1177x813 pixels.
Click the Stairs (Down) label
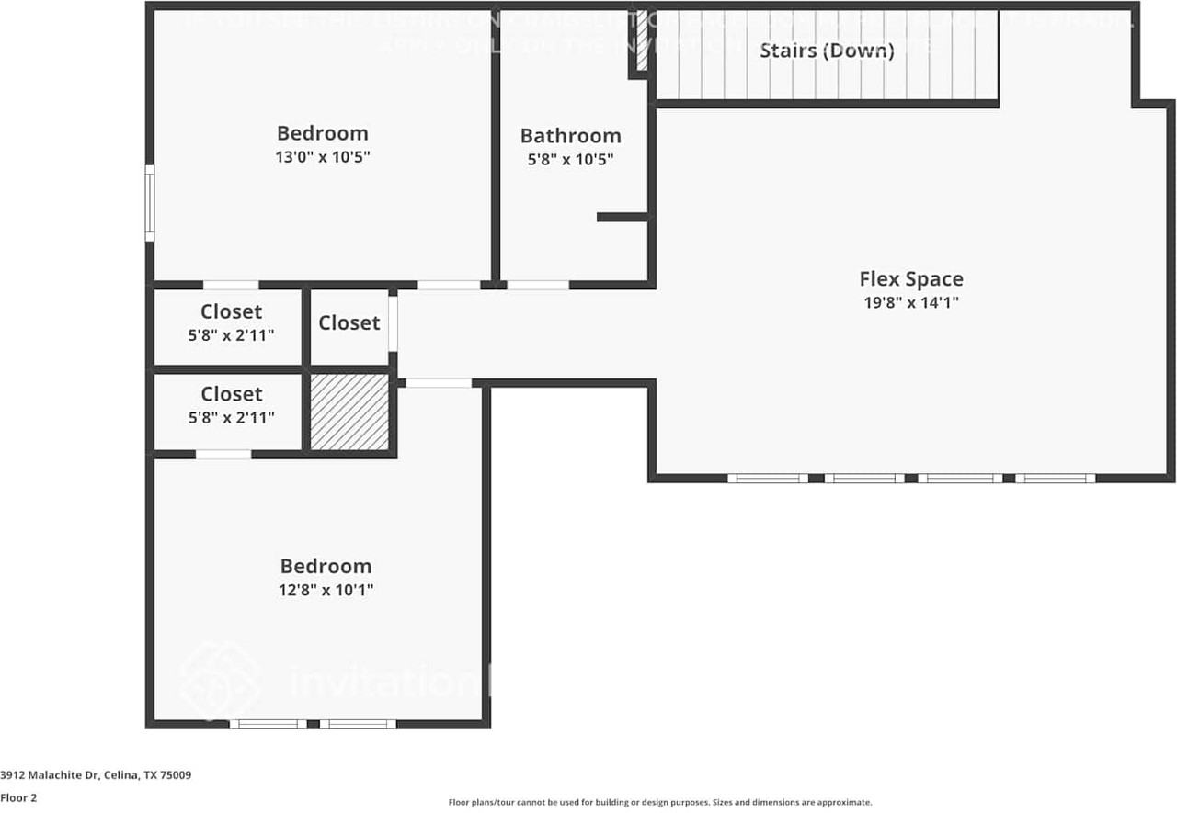coord(826,50)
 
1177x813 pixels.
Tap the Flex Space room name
coord(911,278)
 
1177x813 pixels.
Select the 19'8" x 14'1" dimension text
coord(911,302)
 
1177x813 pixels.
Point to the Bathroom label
coord(570,135)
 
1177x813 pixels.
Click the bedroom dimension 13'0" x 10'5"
coord(322,157)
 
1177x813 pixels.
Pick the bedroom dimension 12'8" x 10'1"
coord(326,590)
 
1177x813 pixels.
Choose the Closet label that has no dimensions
coord(349,322)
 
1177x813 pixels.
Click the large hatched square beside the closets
coord(349,412)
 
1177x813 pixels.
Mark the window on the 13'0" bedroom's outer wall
coord(150,203)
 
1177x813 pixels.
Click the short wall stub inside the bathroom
coord(623,217)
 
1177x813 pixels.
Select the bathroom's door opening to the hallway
coord(538,285)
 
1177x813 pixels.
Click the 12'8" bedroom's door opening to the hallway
coord(439,383)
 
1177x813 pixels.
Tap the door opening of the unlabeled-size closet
coord(393,323)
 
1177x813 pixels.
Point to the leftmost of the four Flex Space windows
coord(768,478)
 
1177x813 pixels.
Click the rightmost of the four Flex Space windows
coord(1055,478)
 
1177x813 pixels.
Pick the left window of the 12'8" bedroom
coord(269,724)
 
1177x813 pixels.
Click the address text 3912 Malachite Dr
coord(96,775)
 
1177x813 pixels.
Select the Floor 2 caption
coord(18,798)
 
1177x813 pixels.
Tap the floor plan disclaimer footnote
coord(659,802)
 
